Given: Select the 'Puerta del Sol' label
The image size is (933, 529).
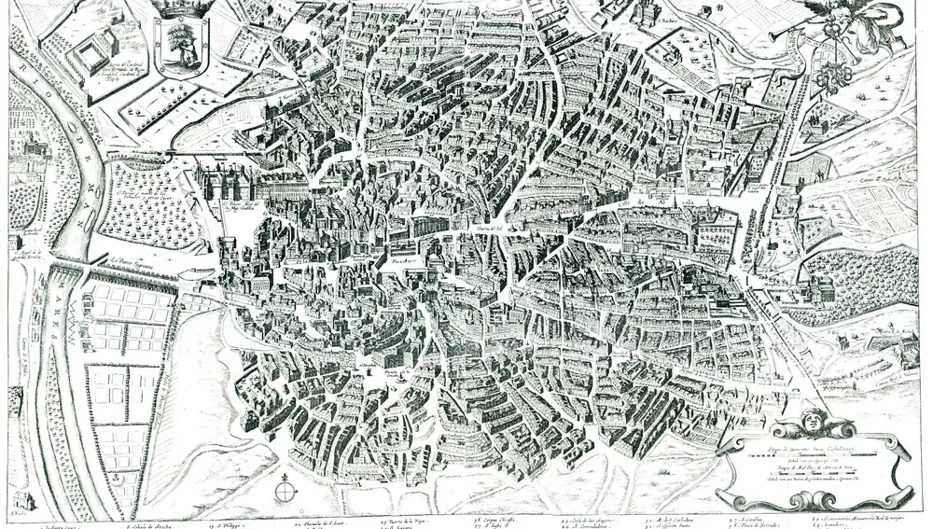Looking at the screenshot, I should (468, 229).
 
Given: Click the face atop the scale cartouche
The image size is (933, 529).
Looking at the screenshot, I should (813, 424).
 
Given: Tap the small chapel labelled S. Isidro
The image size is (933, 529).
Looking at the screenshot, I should (17, 501).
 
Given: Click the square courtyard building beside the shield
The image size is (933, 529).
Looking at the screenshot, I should (96, 54).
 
